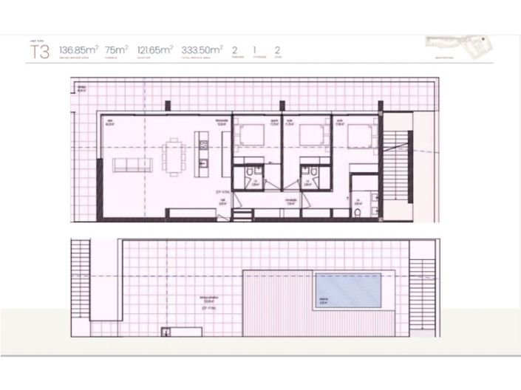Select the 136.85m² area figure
(x=79, y=49)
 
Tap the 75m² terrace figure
(x=116, y=49)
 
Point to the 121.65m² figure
(x=154, y=49)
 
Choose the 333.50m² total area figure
(x=201, y=49)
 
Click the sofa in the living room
(x=132, y=165)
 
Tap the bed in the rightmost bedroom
(x=360, y=136)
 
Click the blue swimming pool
(x=347, y=290)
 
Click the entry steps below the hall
(x=242, y=215)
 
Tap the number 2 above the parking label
(x=234, y=49)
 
